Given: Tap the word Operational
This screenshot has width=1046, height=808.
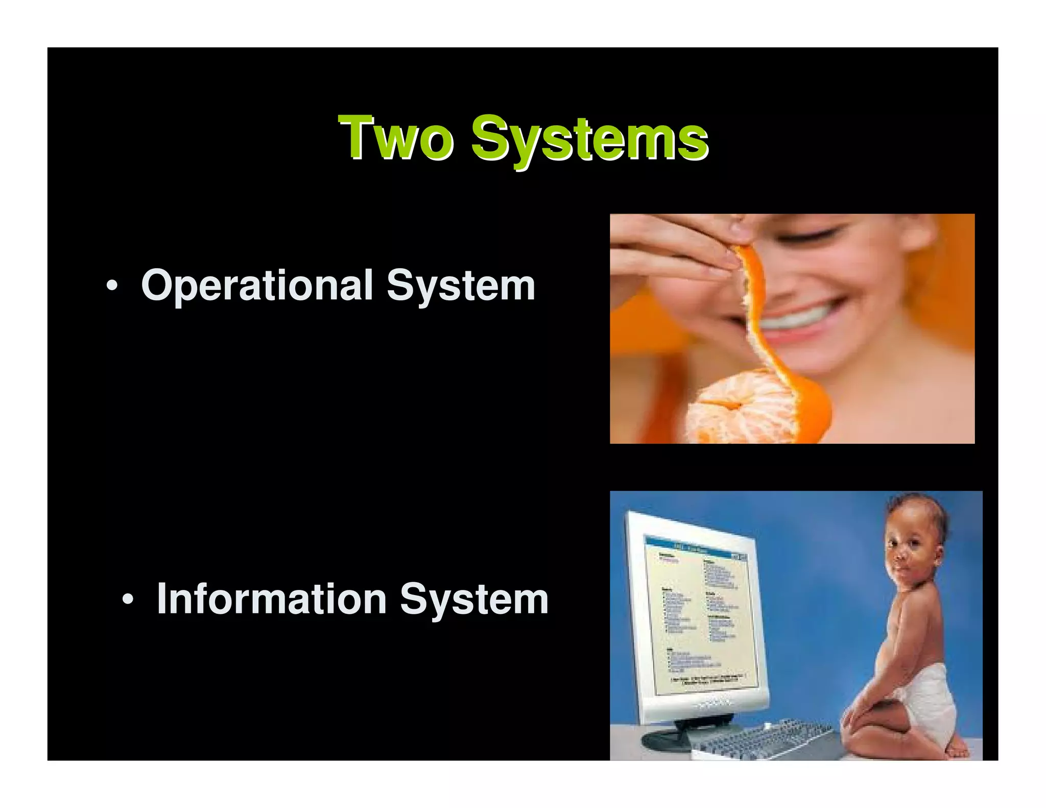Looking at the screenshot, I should pos(257,286).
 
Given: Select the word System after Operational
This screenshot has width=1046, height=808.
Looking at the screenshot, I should pos(461,286).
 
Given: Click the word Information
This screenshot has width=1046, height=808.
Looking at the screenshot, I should pos(271,599).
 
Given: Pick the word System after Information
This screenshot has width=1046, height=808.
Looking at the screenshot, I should pos(474,599).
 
